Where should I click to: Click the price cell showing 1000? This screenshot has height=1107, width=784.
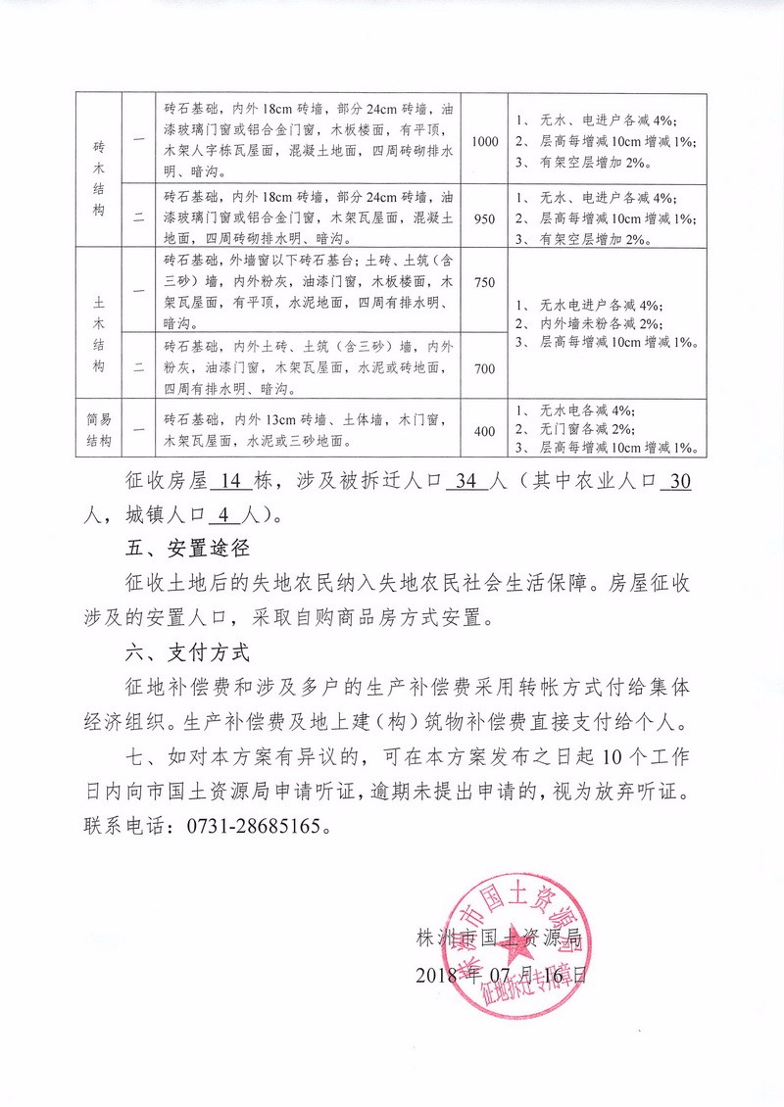(x=485, y=142)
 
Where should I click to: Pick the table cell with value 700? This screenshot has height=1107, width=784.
(x=485, y=369)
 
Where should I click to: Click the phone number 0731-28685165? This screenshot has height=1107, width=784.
(x=252, y=825)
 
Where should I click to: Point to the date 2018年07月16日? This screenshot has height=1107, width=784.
(x=504, y=976)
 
